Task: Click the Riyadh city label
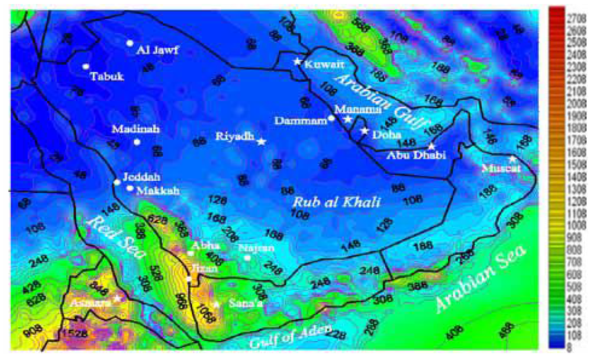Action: point(234,137)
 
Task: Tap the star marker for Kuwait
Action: point(297,61)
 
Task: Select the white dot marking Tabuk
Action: point(86,66)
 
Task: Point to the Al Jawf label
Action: point(157,50)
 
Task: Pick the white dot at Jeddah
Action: point(117,182)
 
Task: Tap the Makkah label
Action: point(157,191)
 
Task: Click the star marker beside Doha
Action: point(365,131)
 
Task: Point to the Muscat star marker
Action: point(512,159)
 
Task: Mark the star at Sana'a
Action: point(216,304)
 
